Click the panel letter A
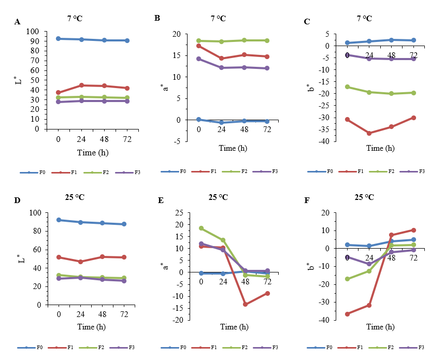tap(18, 22)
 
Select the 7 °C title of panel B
tap(218, 19)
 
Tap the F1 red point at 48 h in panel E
tap(245, 304)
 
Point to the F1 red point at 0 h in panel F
tap(347, 314)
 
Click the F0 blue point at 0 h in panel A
tap(59, 39)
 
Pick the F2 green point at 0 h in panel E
tap(201, 228)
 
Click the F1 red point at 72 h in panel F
tap(413, 230)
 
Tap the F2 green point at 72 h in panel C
tap(413, 93)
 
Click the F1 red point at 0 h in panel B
tap(199, 46)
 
